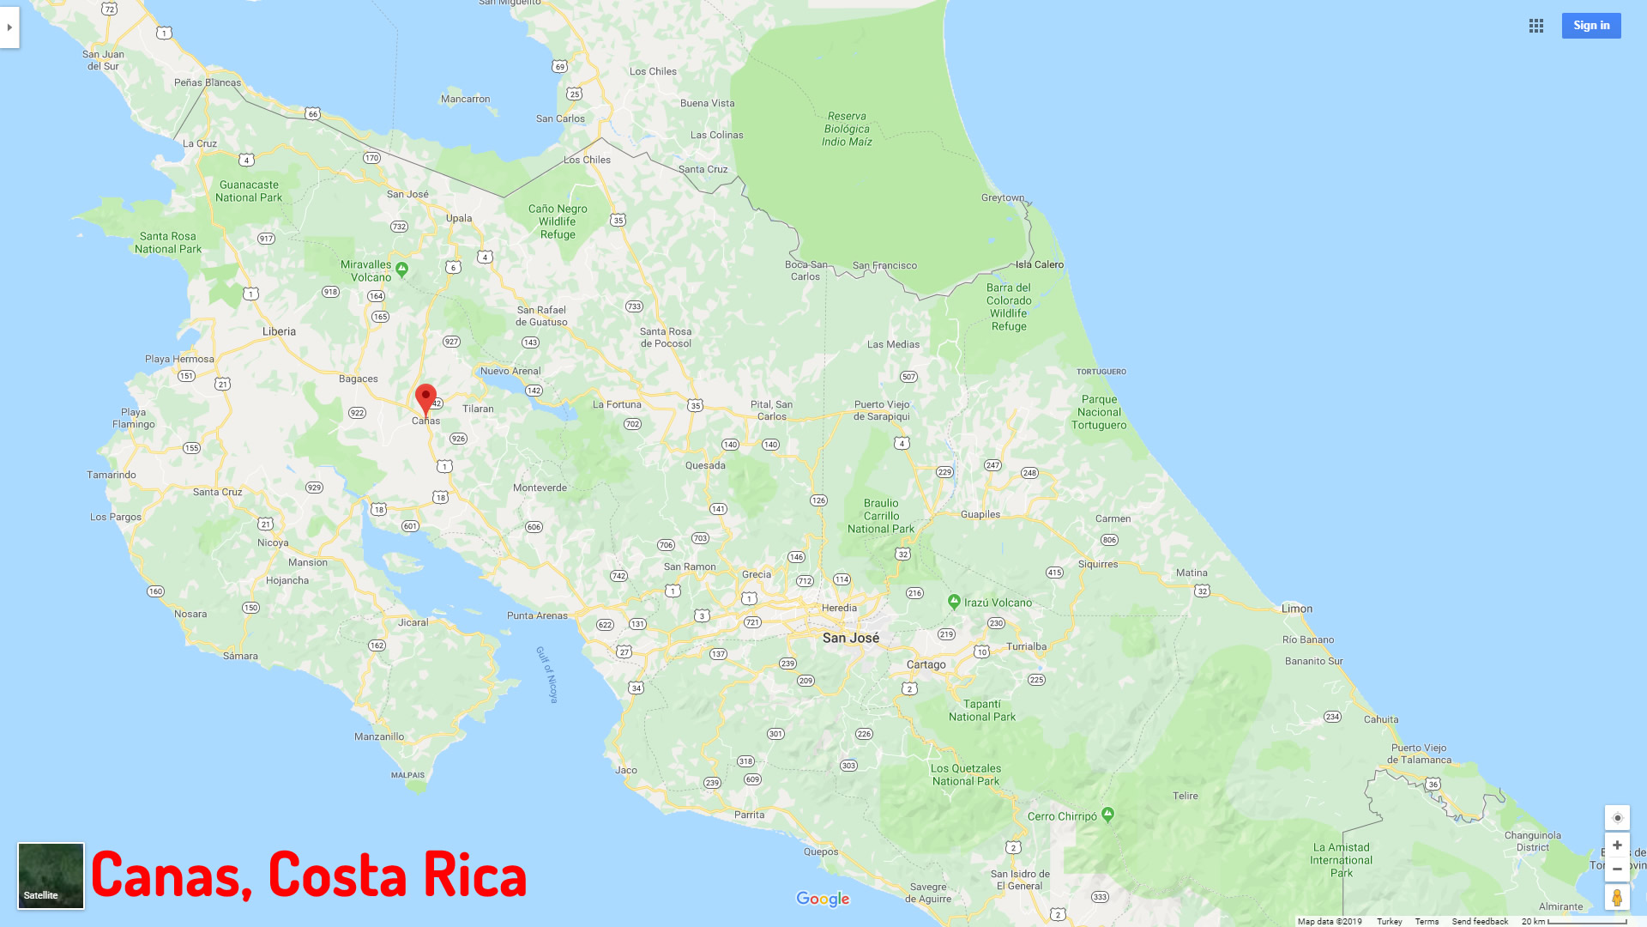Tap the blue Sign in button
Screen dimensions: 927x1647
(1590, 26)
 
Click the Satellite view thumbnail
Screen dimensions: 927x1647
(51, 875)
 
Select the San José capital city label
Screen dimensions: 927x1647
(850, 638)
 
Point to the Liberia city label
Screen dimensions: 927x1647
(279, 331)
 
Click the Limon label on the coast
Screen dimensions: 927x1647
(1296, 609)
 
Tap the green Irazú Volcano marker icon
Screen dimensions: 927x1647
(954, 602)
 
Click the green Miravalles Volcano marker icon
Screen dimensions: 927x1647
(401, 269)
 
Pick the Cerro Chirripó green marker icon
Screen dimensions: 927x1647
(1107, 814)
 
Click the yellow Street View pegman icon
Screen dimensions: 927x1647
(1617, 897)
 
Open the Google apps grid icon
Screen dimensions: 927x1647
(1535, 26)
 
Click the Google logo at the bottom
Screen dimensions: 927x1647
(823, 899)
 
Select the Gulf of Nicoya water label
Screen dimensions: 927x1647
(547, 675)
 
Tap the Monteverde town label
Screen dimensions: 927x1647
(540, 488)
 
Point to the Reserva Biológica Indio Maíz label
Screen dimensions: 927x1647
(847, 129)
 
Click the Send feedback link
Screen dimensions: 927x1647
(1480, 921)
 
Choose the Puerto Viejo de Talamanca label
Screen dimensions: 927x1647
(1419, 754)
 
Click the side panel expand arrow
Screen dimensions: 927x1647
(9, 27)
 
